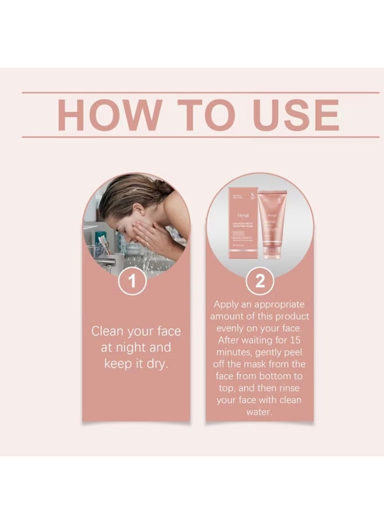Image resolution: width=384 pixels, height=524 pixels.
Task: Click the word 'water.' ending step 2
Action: click(260, 412)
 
